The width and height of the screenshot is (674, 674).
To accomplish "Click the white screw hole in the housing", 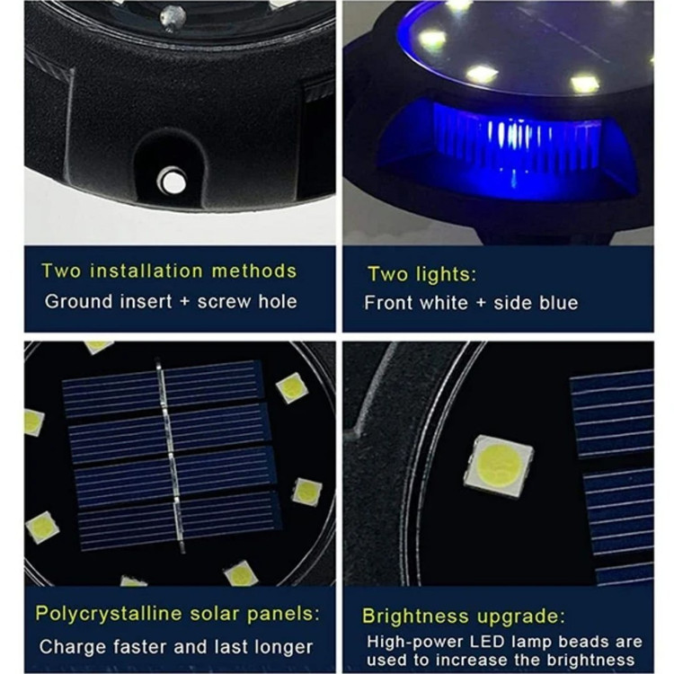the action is [x=173, y=182].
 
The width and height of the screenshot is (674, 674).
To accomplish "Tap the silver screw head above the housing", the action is [x=173, y=18].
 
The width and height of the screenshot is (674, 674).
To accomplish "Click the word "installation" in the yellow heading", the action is [x=146, y=271].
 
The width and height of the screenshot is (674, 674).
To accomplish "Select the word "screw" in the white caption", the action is [x=225, y=302].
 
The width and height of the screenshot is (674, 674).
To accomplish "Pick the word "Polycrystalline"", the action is [x=109, y=615].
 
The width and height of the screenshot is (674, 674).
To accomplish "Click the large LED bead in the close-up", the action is [x=498, y=466].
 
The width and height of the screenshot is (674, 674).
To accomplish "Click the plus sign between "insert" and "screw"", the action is [x=184, y=302].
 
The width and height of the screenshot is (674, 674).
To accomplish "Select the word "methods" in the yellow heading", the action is [x=254, y=271].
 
